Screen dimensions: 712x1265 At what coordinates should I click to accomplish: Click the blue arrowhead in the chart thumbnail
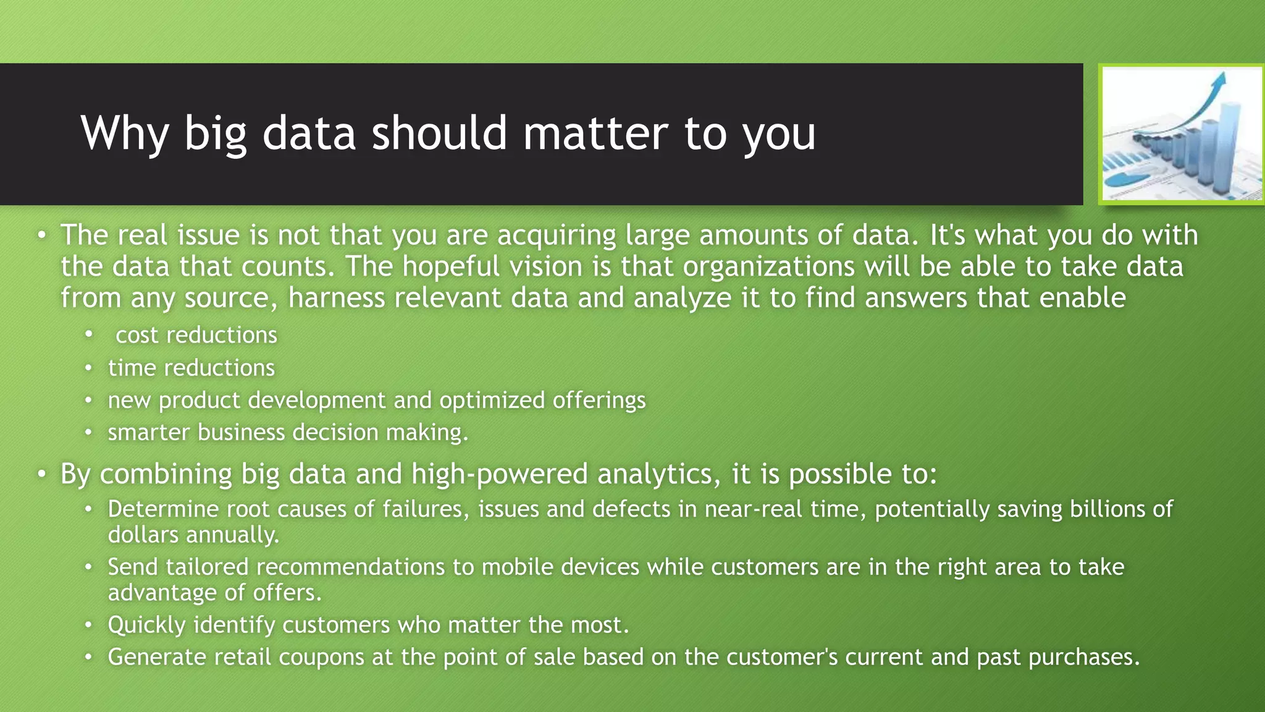1219,81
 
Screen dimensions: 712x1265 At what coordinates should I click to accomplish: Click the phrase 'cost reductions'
196,335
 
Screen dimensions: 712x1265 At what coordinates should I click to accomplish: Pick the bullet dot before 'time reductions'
89,368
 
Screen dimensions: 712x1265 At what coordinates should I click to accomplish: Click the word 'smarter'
148,433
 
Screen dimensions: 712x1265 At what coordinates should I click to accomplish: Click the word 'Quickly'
146,625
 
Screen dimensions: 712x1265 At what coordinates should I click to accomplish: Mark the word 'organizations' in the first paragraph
769,267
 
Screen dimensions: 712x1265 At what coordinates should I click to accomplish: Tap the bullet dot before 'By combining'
41,474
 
